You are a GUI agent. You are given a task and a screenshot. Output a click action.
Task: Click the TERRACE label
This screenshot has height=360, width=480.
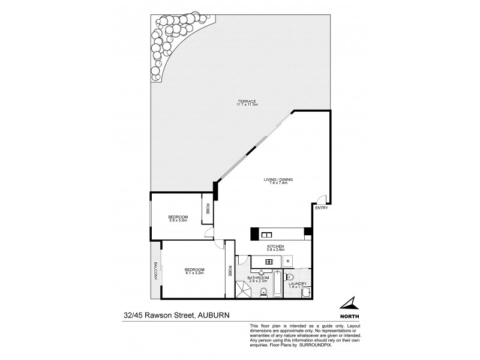247,101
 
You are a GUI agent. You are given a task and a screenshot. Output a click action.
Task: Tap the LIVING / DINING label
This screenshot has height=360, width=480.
276,179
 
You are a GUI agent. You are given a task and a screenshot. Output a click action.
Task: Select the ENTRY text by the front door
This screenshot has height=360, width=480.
321,208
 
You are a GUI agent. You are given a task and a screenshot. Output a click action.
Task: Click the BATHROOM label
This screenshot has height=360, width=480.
259,277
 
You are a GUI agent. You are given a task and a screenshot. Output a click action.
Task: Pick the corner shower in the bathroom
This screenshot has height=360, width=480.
243,290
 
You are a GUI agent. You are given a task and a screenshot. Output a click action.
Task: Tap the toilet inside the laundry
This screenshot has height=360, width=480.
289,277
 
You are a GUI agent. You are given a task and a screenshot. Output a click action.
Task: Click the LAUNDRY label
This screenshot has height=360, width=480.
298,284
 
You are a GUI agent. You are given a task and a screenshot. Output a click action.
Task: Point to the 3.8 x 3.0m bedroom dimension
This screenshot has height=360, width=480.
178,221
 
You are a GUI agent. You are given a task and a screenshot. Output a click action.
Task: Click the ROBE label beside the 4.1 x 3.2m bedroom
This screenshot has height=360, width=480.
230,270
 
